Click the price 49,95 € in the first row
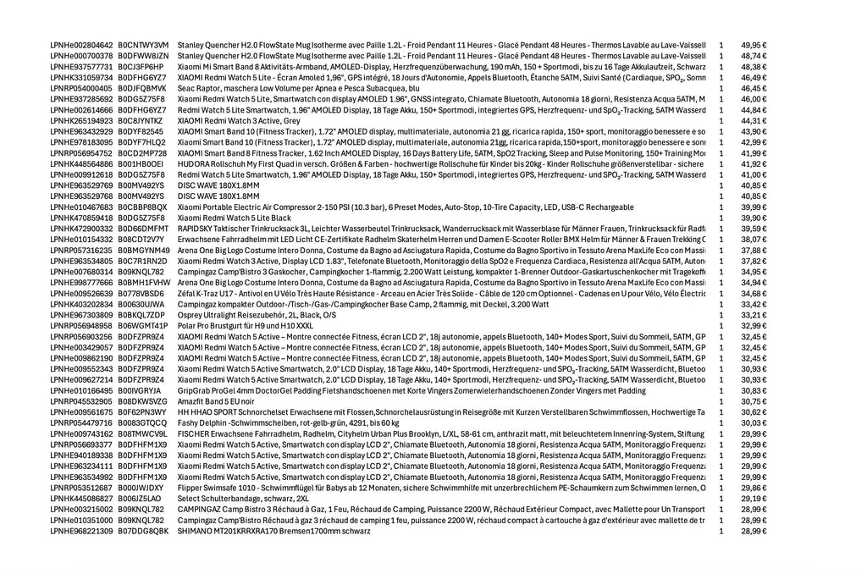click(753, 45)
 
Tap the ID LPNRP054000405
click(81, 88)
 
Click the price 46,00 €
click(753, 99)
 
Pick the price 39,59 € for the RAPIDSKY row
click(753, 229)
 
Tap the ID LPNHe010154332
click(81, 240)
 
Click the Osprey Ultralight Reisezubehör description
click(257, 315)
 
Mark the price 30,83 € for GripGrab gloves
click(753, 391)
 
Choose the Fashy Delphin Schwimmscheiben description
click(288, 422)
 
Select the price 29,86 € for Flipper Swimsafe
click(753, 488)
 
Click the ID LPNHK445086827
click(81, 499)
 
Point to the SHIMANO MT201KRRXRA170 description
click(273, 531)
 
